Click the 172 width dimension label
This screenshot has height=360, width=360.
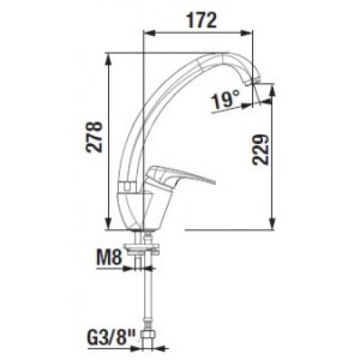(202, 21)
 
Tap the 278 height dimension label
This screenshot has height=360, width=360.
(94, 137)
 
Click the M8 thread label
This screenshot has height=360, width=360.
(109, 258)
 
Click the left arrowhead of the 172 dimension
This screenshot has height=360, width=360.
(149, 33)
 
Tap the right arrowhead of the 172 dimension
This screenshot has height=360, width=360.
(247, 33)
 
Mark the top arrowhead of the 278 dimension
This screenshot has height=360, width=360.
(109, 59)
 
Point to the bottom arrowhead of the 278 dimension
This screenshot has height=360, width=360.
(109, 224)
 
